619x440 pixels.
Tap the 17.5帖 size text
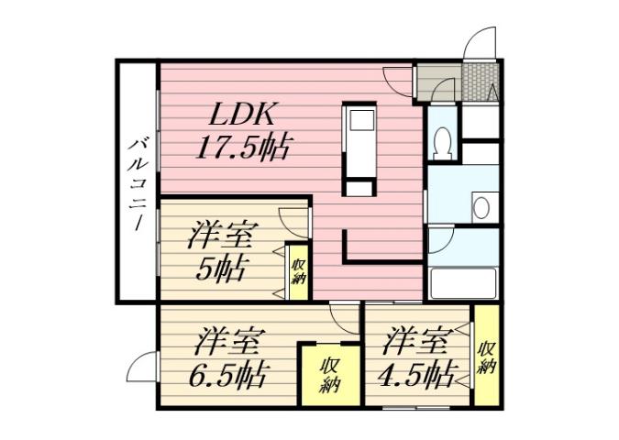point(243,147)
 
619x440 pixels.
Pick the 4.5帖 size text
point(419,374)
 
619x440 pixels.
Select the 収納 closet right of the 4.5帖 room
point(487,357)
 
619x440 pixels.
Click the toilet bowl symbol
point(442,141)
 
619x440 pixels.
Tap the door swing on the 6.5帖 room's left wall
point(140,369)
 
